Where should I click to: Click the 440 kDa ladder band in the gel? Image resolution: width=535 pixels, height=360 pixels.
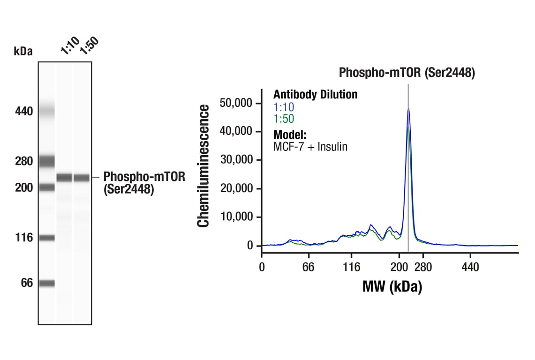[47, 112]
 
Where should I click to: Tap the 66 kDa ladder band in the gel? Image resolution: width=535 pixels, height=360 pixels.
[47, 283]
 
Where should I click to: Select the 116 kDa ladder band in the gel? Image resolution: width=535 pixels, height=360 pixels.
[47, 238]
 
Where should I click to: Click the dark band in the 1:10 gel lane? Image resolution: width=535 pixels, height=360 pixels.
[65, 178]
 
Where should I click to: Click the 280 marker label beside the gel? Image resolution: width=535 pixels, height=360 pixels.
[23, 161]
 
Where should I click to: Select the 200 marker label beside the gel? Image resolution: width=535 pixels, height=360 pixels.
[23, 187]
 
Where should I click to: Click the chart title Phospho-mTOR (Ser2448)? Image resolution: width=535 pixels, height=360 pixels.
[407, 73]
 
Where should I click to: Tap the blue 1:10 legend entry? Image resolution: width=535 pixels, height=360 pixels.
[284, 107]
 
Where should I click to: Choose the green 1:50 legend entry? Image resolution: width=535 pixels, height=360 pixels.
[284, 119]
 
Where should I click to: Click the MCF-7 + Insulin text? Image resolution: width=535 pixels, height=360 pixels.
[310, 147]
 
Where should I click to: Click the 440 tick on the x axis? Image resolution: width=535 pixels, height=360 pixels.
[470, 267]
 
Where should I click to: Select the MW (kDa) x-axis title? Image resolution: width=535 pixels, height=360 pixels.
[392, 286]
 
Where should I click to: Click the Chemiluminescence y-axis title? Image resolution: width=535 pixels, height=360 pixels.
[203, 166]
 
